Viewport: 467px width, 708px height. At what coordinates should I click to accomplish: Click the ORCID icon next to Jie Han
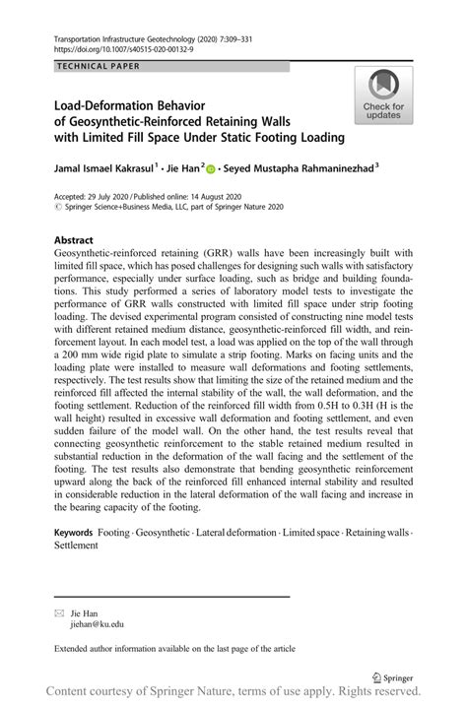point(211,170)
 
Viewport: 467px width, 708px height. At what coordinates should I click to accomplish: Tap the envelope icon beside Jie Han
point(57,612)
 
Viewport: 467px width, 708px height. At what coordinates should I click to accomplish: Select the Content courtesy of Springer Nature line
point(233,692)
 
